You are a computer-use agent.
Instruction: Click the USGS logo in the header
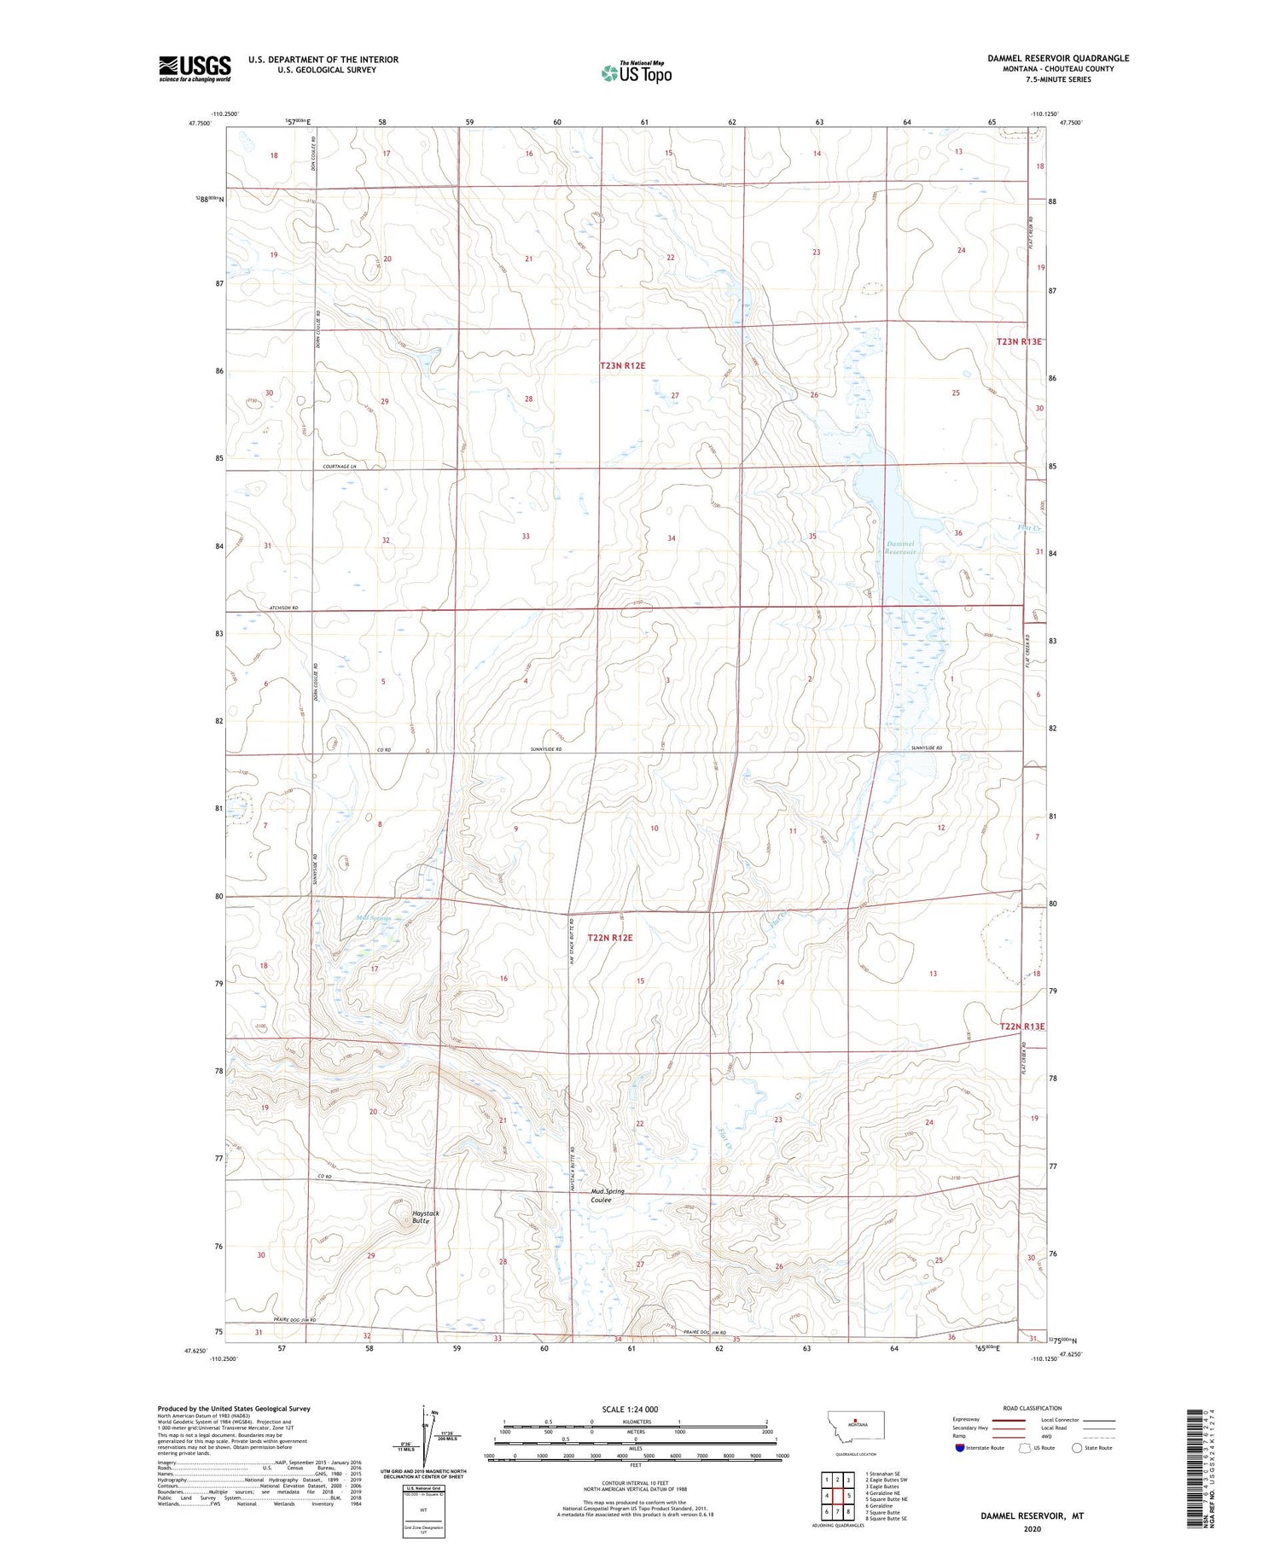point(195,68)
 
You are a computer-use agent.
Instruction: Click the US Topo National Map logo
point(636,73)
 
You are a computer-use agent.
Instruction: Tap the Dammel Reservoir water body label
point(900,548)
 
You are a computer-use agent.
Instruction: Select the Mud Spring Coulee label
point(608,1195)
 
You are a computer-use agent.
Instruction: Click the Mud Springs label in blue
point(373,918)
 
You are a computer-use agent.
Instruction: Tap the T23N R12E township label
point(622,365)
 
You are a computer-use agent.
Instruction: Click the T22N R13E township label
point(1021,1026)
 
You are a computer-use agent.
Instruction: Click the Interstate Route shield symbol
point(959,1448)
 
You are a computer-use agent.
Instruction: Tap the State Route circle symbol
point(1077,1448)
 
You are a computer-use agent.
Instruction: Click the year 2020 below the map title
point(1032,1528)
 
